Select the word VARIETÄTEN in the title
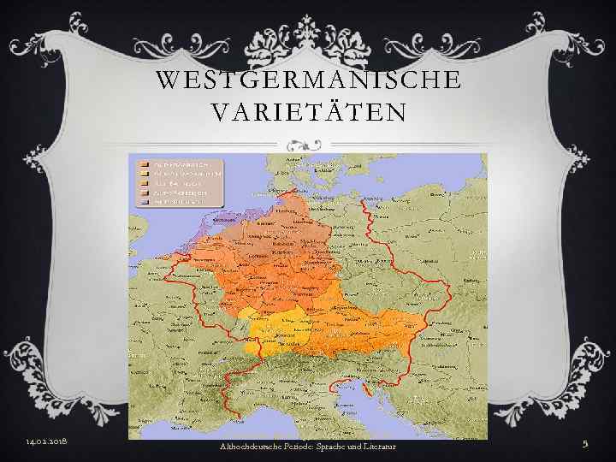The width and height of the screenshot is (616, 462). (x=308, y=112)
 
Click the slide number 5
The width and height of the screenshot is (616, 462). (x=586, y=442)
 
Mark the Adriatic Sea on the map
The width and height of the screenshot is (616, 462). (x=376, y=419)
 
